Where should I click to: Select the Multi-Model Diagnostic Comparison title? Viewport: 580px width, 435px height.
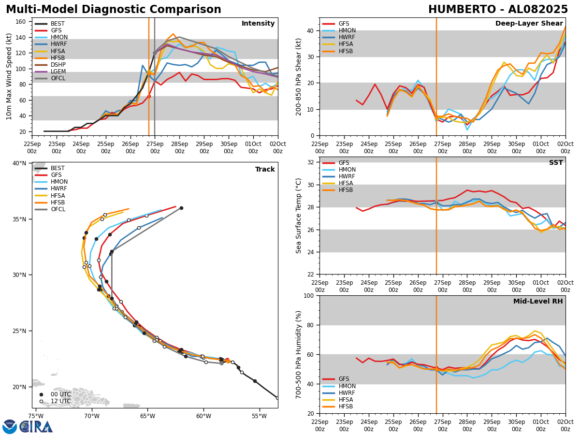[x=114, y=10]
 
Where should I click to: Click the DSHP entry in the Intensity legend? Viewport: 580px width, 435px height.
[x=58, y=65]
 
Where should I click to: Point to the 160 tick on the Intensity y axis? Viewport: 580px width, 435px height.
[x=21, y=22]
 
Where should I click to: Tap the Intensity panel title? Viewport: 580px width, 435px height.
[x=258, y=24]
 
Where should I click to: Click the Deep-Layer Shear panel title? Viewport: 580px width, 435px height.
[x=529, y=24]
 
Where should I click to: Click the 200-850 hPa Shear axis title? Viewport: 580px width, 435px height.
[x=299, y=76]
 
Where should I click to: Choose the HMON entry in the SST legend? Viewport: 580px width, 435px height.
[x=347, y=170]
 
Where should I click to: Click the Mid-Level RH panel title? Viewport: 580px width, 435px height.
[x=538, y=302]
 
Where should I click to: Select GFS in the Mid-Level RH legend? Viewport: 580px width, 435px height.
[x=344, y=379]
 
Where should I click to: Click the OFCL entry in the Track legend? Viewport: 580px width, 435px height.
[x=58, y=209]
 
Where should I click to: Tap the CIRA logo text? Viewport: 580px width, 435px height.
[x=36, y=426]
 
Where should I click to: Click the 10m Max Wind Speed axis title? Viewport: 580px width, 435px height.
[x=9, y=76]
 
